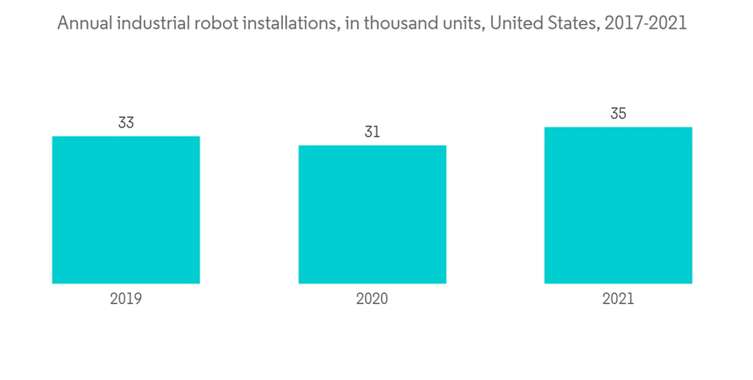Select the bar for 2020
coord(372,214)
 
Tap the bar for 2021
coord(618,205)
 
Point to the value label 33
coord(126,123)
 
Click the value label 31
coord(372,132)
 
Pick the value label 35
coord(618,114)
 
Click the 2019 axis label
coord(126,299)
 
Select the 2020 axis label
coord(372,299)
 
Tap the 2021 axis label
coord(618,299)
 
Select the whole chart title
coord(372,24)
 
